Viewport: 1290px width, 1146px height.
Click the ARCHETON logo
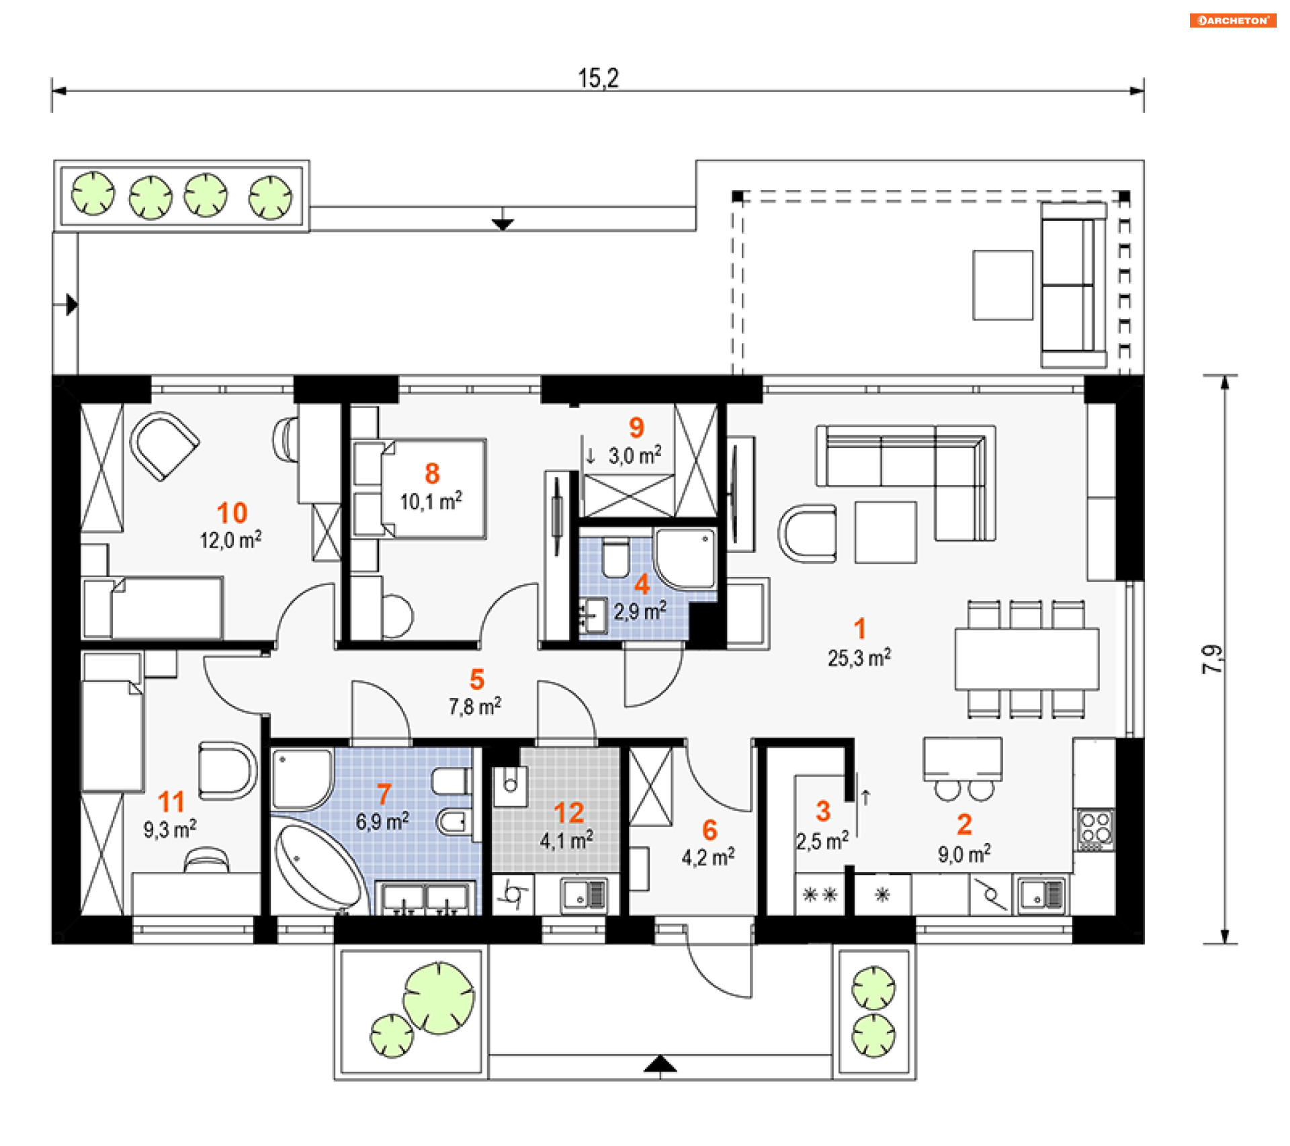pos(1232,20)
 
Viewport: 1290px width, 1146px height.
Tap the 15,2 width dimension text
pos(598,78)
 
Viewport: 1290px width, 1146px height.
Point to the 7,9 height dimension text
pos(1212,659)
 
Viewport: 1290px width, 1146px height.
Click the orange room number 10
pos(232,513)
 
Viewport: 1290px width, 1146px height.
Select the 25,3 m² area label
pos(859,658)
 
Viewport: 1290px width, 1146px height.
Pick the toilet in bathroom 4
pos(615,559)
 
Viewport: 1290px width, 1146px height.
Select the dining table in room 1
pos(1027,659)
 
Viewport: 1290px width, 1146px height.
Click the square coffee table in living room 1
pos(886,532)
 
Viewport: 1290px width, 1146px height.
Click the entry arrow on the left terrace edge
pos(71,304)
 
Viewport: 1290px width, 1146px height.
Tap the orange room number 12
pos(568,813)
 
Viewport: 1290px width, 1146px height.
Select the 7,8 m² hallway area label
pos(475,707)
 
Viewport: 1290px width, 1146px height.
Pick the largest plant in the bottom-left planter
pos(439,998)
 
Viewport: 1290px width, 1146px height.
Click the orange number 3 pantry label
pos(823,811)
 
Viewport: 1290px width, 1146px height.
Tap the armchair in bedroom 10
pos(163,445)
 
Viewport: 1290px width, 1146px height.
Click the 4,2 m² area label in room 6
pos(708,858)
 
